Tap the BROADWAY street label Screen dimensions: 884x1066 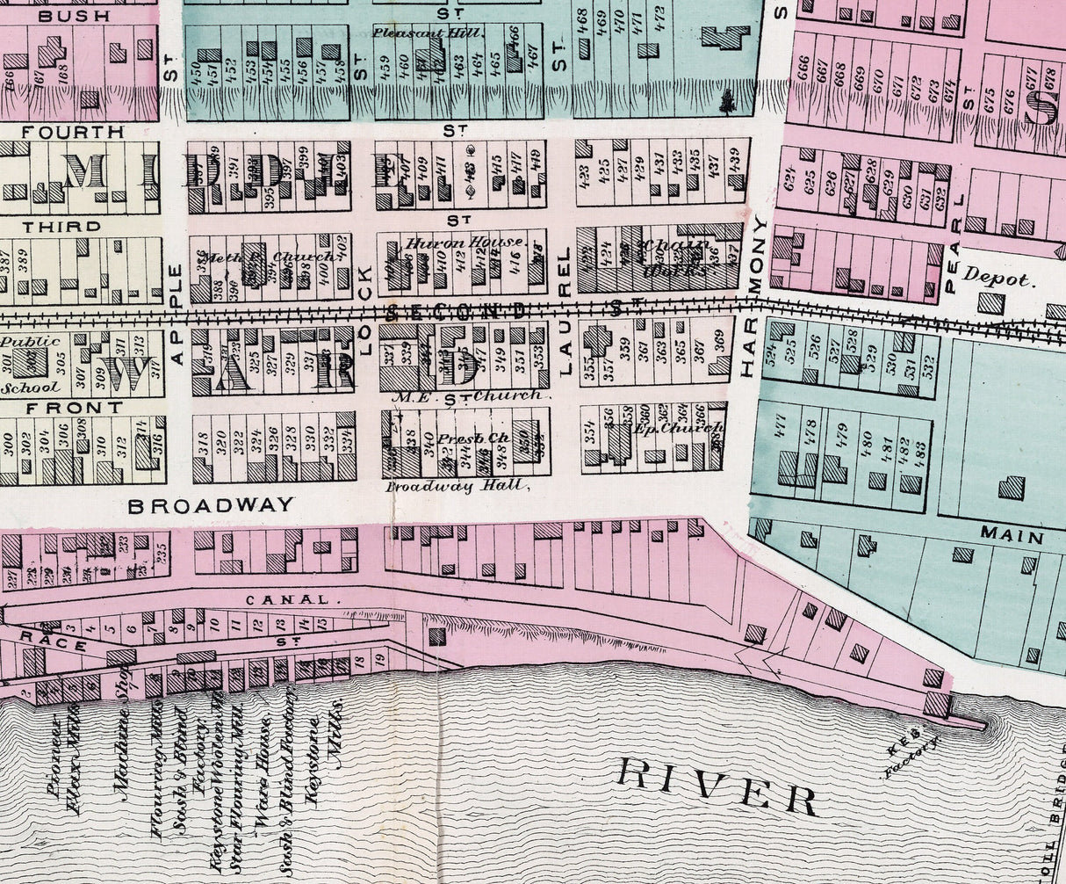click(211, 505)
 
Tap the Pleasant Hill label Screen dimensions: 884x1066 click(429, 33)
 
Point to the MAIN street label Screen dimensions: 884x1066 click(1012, 536)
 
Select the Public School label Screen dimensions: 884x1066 click(31, 363)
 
